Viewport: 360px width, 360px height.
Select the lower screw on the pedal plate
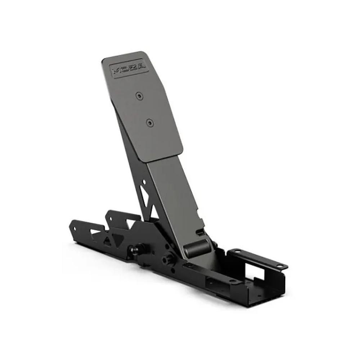[x=150, y=123]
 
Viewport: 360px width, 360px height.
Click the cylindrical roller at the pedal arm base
[x=196, y=248]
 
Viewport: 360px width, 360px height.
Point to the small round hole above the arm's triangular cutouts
[x=144, y=182]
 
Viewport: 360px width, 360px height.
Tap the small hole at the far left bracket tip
[x=74, y=229]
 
